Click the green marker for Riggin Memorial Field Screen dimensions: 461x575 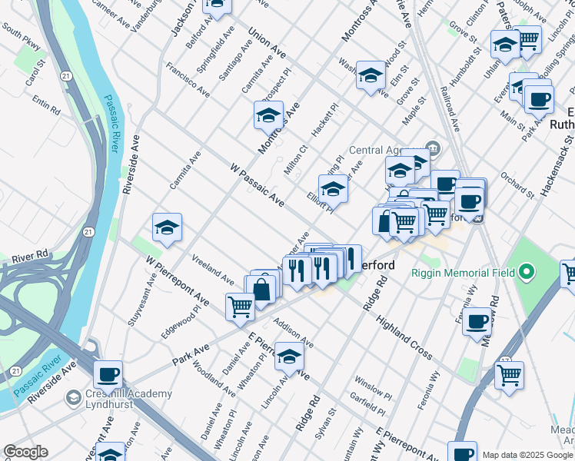527,271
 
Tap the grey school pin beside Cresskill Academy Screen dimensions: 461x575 74,398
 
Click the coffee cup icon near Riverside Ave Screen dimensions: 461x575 108,374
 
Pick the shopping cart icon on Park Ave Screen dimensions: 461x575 241,307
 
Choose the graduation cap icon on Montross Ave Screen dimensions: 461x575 268,115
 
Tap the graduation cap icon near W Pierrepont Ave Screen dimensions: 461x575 167,227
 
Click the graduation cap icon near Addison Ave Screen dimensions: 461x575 289,357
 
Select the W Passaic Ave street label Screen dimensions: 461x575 257,185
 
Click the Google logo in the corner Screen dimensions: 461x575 25,452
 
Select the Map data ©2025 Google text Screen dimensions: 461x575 527,455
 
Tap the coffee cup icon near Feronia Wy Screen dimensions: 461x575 477,320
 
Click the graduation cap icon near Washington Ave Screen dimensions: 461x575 371,75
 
